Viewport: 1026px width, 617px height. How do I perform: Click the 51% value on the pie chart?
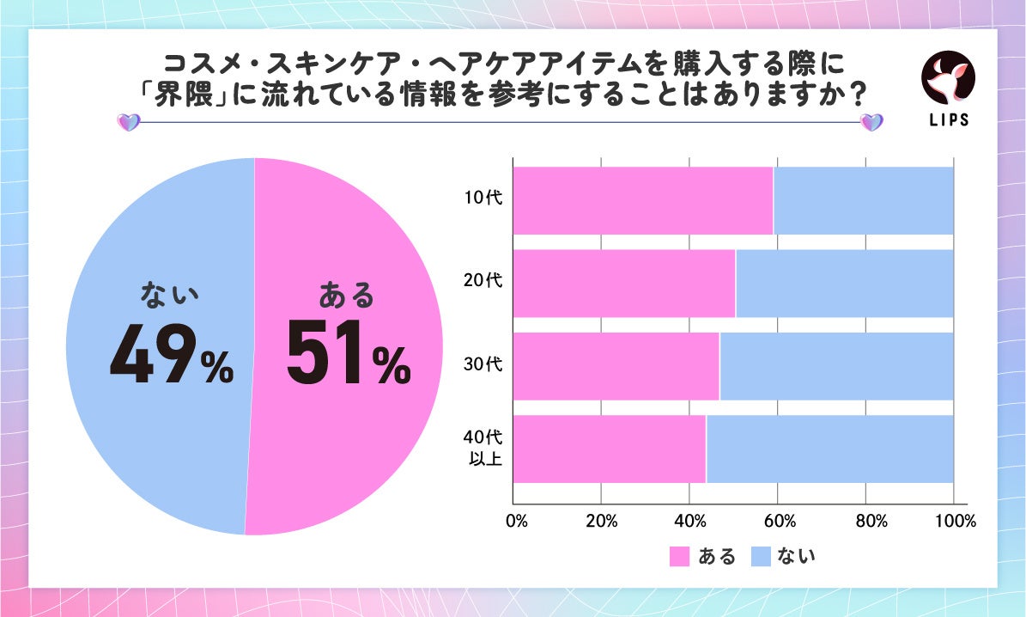point(348,353)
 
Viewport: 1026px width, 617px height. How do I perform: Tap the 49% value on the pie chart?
point(172,353)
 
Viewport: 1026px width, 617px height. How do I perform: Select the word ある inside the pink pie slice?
point(347,296)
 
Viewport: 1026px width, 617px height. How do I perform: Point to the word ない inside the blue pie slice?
point(170,296)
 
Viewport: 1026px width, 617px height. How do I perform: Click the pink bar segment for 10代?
point(643,200)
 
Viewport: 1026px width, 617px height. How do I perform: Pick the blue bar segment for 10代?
point(863,200)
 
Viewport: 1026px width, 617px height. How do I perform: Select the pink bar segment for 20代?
point(624,284)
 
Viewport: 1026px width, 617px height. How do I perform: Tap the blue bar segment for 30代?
point(836,366)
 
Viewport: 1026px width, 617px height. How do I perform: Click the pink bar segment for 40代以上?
point(610,449)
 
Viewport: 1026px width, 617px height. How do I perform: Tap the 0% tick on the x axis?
point(516,521)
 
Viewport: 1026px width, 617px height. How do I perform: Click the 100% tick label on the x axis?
point(956,521)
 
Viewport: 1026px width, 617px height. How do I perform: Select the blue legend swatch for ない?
point(760,557)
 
